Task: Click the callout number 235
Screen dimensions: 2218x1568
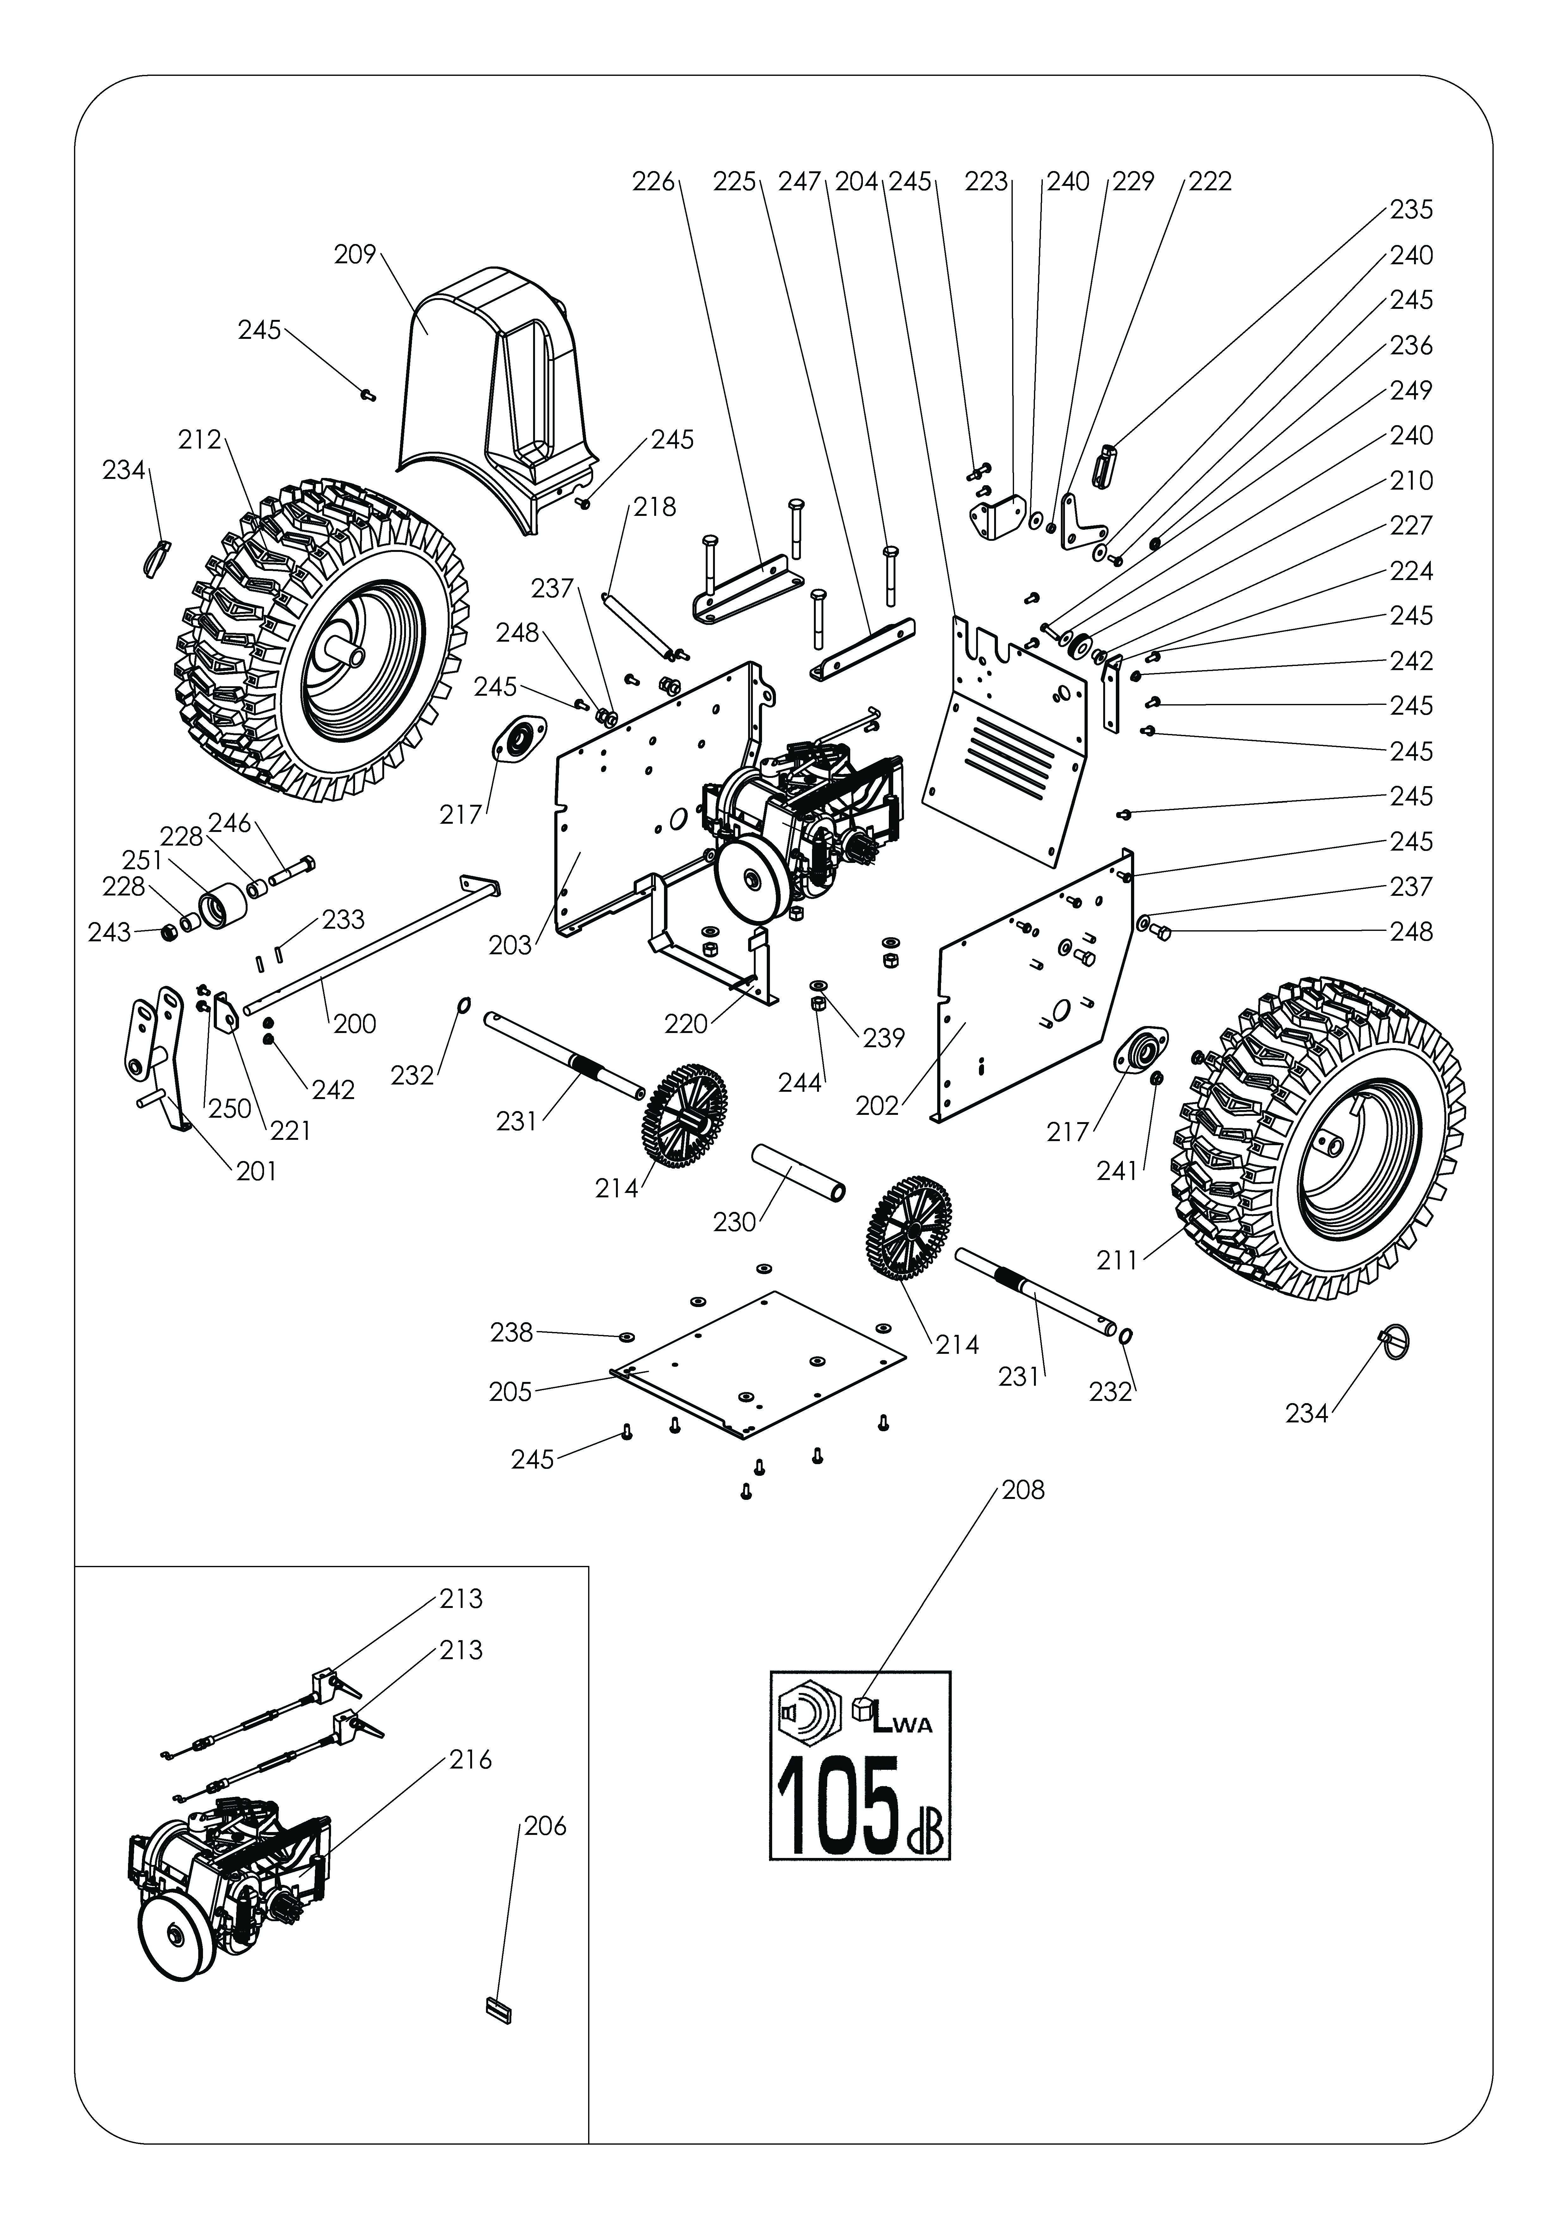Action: point(1411,210)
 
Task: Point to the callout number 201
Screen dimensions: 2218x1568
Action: point(256,1171)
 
